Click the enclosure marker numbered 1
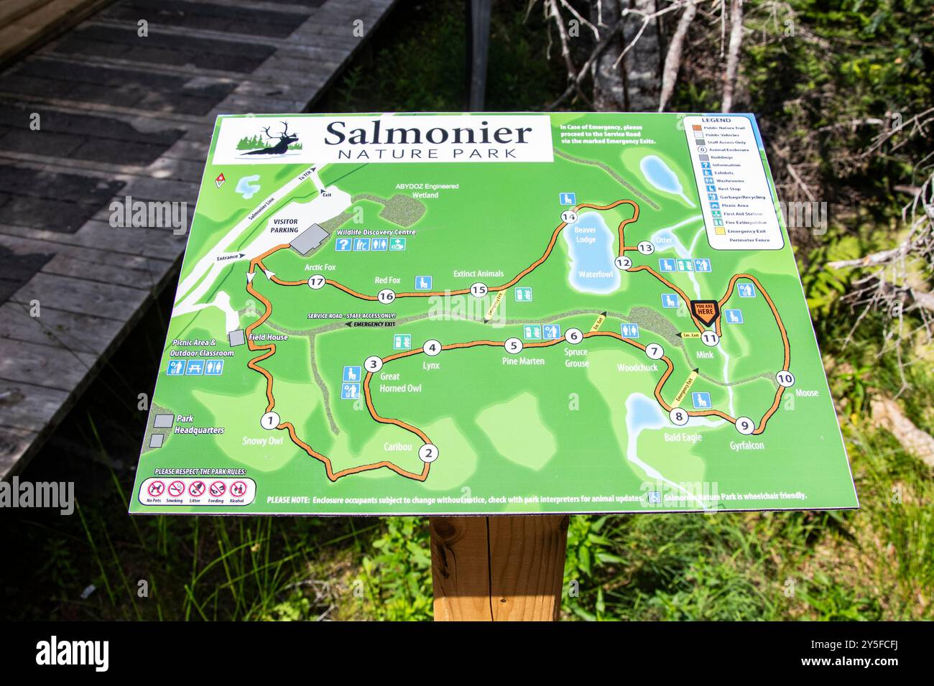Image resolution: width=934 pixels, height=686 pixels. point(270,420)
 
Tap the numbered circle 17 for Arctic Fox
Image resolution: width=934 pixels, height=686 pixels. point(316,282)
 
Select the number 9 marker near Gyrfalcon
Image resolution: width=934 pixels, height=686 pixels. point(745,426)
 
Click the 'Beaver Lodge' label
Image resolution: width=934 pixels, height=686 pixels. point(586,234)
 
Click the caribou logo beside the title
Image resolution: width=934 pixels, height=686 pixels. point(270,140)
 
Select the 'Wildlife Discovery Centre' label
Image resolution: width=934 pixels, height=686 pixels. point(376,233)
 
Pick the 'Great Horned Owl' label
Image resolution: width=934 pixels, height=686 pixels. point(400,382)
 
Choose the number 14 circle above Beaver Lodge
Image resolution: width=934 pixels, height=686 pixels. point(569,217)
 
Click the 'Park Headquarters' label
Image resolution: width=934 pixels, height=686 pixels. point(199,424)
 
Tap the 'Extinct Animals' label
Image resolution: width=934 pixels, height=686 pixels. point(478,274)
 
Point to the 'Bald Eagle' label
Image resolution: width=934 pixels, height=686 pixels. point(683,437)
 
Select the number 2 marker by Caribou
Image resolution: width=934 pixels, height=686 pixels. point(428,453)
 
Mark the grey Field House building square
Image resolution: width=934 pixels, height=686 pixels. point(236,338)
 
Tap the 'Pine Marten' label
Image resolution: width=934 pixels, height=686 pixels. point(523,361)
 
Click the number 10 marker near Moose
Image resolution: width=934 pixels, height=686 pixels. point(785,379)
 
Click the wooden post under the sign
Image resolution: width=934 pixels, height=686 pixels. point(499,567)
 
